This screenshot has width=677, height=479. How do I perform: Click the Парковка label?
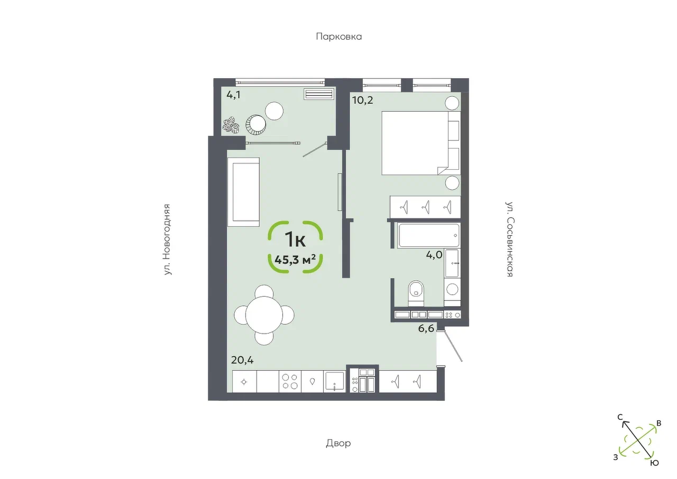point(339,37)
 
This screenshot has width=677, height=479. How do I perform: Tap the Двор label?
point(338,444)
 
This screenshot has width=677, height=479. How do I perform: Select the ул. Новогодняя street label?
point(167,240)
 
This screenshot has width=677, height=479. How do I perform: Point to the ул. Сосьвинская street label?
point(509,239)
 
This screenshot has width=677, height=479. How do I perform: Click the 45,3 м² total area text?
point(295,260)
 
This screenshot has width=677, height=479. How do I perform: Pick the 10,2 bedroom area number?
point(363,100)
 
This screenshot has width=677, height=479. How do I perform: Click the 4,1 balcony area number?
point(233,96)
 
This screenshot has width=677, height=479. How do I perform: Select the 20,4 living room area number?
point(242,360)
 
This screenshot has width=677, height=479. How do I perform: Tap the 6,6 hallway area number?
point(426,329)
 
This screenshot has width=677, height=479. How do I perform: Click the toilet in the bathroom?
point(416,293)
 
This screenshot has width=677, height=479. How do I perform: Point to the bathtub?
point(429,235)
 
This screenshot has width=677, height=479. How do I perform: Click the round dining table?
point(264,315)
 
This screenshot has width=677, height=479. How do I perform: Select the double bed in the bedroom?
point(420,143)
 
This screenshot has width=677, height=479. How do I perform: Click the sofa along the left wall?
point(243,192)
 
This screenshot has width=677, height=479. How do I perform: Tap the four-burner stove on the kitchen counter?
point(290,382)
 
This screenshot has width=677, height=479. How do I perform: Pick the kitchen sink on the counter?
point(335,382)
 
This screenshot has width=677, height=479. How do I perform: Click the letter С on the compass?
point(620,417)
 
